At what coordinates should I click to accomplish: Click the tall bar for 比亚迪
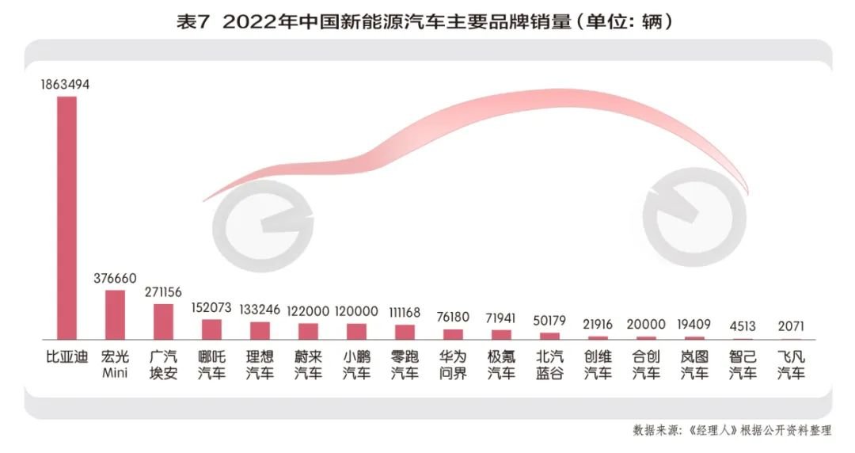click(x=66, y=218)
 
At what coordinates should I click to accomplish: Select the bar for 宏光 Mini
click(x=115, y=315)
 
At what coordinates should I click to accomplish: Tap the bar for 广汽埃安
click(x=163, y=322)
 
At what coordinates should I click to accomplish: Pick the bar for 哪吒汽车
click(x=211, y=329)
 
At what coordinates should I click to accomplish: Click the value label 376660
click(x=115, y=279)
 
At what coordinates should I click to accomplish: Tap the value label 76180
click(x=452, y=317)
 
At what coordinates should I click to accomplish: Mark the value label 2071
click(x=790, y=325)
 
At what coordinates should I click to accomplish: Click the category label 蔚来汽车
click(x=308, y=364)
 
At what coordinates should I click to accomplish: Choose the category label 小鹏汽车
click(x=356, y=364)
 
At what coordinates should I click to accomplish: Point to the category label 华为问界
click(x=452, y=364)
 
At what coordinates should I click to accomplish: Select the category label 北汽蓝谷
click(x=549, y=364)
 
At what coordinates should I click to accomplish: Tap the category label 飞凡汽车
click(x=790, y=364)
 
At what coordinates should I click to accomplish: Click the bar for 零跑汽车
click(x=405, y=332)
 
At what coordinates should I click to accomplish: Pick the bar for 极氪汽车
click(x=501, y=334)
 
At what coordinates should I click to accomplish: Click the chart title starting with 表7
click(x=427, y=21)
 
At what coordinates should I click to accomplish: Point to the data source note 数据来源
click(x=731, y=430)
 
